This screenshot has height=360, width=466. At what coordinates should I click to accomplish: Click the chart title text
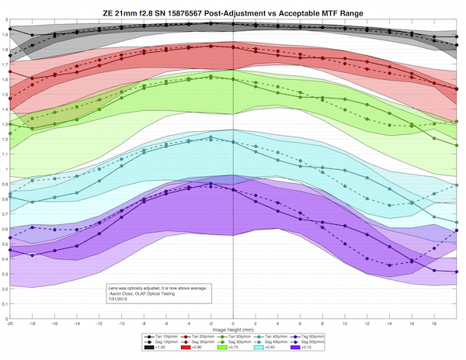coord(233,12)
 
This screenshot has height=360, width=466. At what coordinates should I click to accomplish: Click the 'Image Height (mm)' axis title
coord(233,328)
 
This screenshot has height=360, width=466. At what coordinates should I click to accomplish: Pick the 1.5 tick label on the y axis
coord(5,96)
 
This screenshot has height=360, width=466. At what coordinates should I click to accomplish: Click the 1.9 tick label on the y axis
coord(5,37)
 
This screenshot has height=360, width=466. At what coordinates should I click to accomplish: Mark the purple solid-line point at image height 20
coord(456,272)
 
